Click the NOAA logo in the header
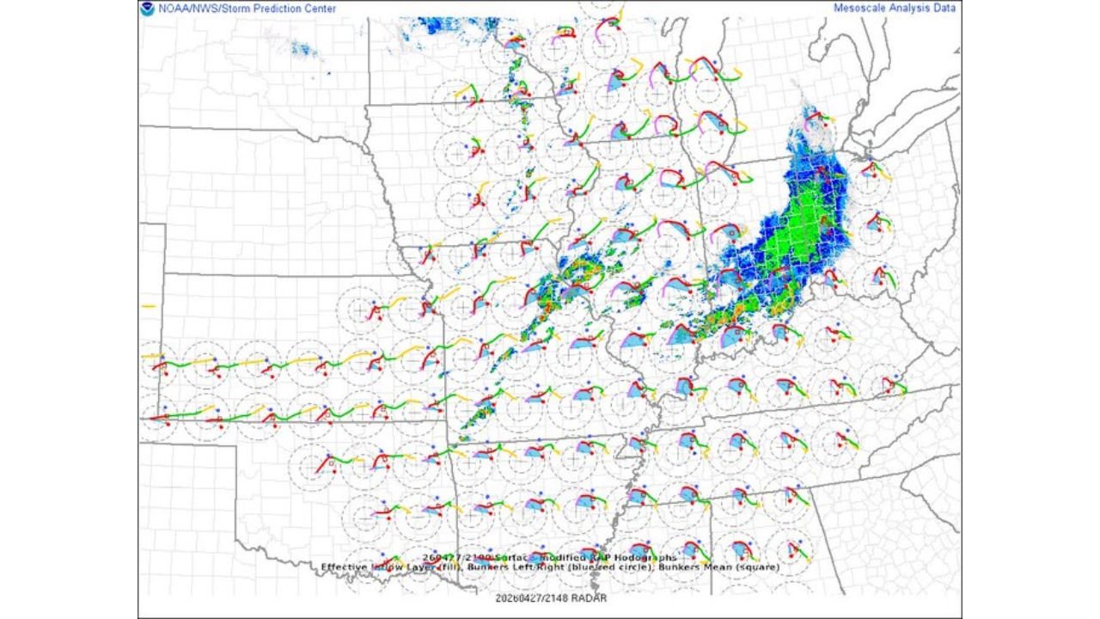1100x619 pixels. click(147, 9)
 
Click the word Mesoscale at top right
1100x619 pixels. click(860, 8)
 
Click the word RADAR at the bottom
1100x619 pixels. click(590, 598)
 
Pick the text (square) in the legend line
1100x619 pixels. click(760, 567)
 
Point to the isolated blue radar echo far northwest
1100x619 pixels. click(303, 49)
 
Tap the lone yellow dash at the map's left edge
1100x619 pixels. click(148, 306)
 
